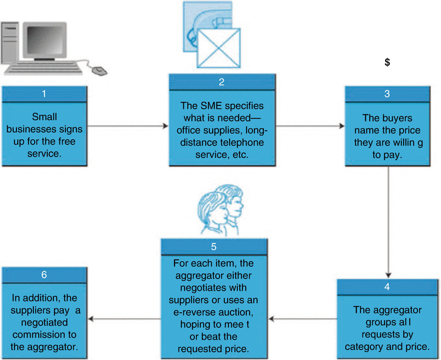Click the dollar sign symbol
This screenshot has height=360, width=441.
(x=386, y=62)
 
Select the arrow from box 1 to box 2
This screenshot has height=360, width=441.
(x=127, y=125)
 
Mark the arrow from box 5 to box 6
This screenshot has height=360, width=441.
(x=127, y=319)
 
